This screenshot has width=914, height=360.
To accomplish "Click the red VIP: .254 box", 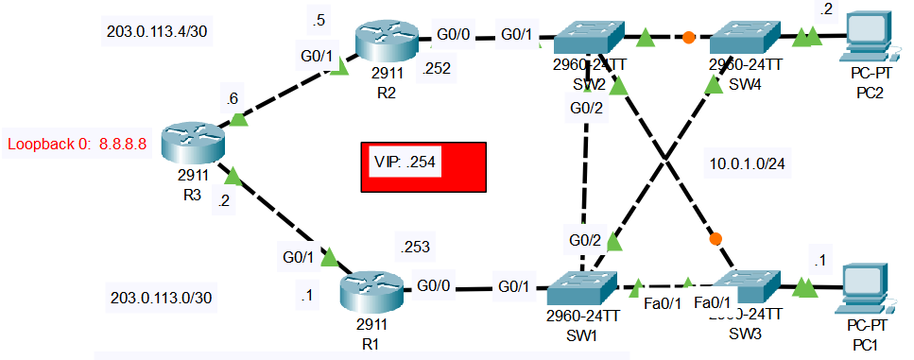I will (423, 167).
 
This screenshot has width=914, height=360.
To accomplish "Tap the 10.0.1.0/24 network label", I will (747, 163).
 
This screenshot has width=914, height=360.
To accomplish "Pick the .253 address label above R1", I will (415, 248).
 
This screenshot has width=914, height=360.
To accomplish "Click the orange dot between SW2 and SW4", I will (689, 39).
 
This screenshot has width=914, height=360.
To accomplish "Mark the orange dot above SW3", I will (716, 238).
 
